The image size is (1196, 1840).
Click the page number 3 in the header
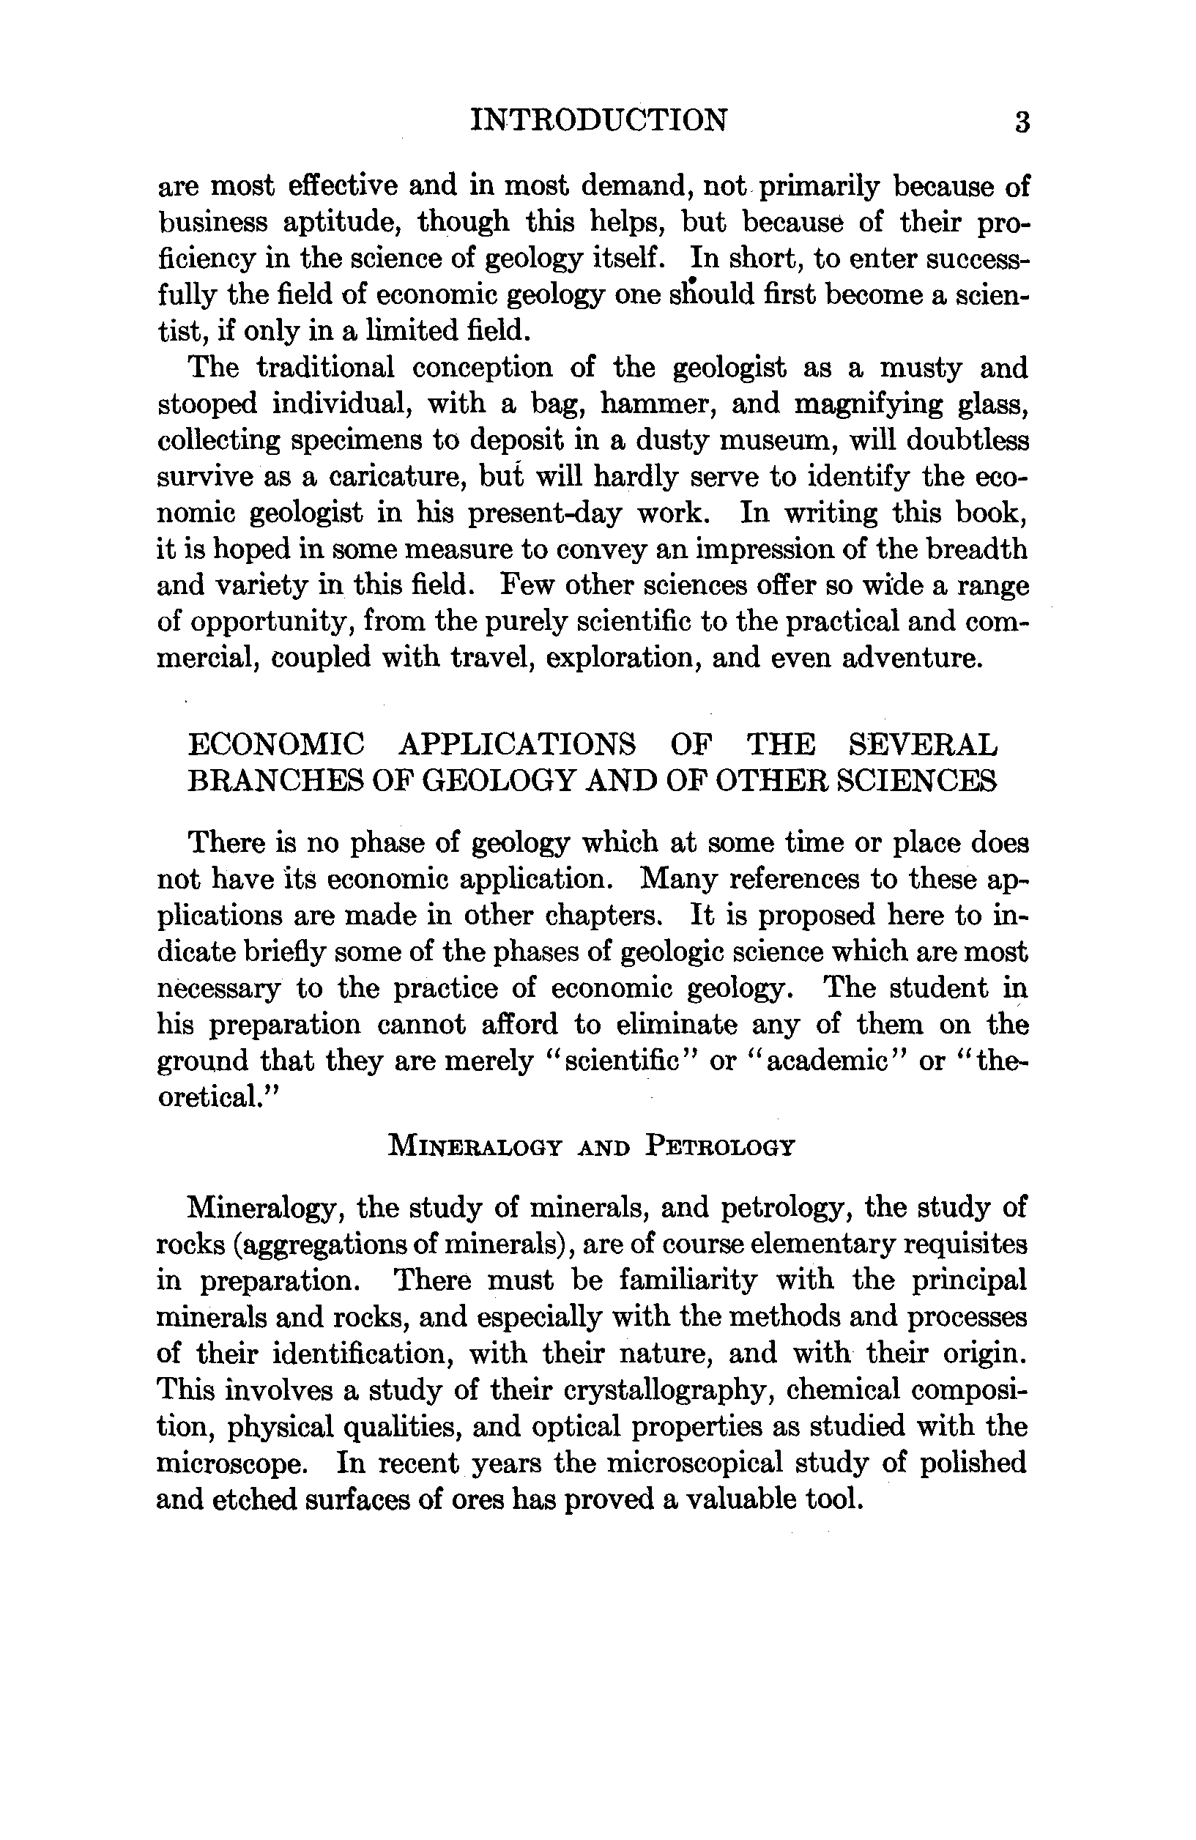1021,123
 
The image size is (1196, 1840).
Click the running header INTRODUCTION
599,121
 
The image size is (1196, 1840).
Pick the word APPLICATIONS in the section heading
517,745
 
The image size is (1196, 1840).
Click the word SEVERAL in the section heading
923,745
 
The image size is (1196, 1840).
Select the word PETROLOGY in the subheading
719,1146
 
